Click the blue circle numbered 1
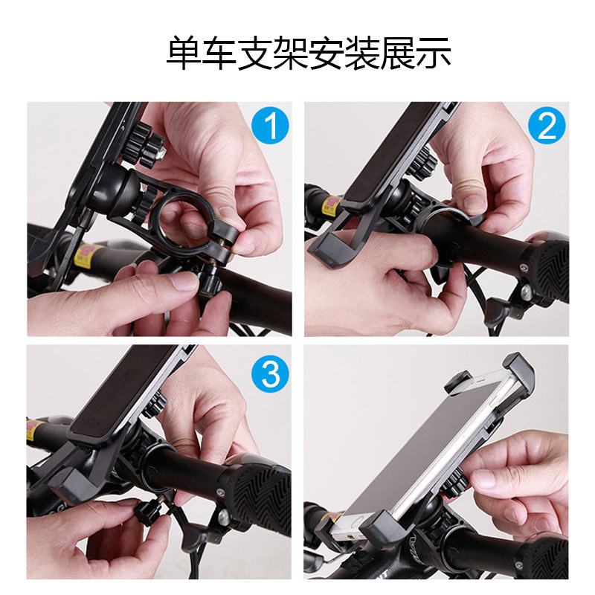coord(271,126)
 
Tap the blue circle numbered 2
coord(547,126)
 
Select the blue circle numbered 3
coord(271,374)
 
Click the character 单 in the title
coord(184,53)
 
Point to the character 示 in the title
coord(433,53)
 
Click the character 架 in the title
coord(290,53)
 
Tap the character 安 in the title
coord(327,53)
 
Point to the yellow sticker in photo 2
coord(330,205)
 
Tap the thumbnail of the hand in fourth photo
coord(483,479)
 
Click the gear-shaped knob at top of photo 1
coord(144,146)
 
